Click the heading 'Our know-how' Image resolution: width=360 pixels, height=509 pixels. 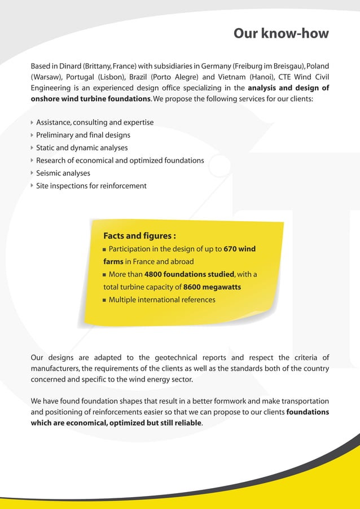280,33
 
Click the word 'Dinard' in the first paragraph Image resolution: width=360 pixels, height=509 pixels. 68,67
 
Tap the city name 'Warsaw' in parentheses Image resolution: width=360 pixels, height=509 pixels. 46,77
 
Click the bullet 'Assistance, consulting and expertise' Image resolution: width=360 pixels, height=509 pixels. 94,122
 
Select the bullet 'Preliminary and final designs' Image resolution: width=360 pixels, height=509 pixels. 83,135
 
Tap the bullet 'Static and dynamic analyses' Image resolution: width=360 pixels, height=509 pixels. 82,148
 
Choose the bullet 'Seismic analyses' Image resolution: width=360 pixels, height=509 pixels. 63,173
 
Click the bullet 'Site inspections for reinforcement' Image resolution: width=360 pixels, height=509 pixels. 91,186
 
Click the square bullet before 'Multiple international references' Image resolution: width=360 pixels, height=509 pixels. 105,300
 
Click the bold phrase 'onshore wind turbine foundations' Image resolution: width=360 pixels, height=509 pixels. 91,99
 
